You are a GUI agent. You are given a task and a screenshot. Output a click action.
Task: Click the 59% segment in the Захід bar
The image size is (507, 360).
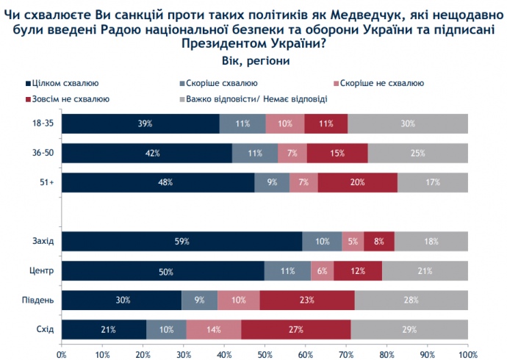click(x=181, y=242)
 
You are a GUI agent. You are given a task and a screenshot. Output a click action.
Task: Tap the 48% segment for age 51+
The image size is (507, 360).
click(x=158, y=182)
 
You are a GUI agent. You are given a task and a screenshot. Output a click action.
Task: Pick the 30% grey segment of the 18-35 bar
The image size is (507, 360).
click(x=408, y=123)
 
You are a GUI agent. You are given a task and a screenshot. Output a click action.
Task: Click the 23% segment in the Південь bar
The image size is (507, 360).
click(x=307, y=300)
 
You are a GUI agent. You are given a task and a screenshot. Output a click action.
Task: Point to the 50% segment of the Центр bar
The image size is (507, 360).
click(x=163, y=271)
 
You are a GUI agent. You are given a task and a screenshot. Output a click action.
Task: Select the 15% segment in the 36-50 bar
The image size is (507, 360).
click(x=337, y=153)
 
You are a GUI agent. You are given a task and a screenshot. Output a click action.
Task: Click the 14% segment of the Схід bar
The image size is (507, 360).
click(x=214, y=330)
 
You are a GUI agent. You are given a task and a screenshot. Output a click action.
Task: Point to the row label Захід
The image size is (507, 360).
click(x=43, y=242)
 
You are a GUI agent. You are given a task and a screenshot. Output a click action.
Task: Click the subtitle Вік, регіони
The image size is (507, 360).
click(x=253, y=60)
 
